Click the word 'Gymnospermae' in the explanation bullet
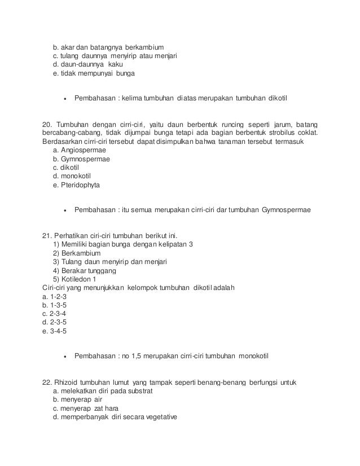coord(286,211)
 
